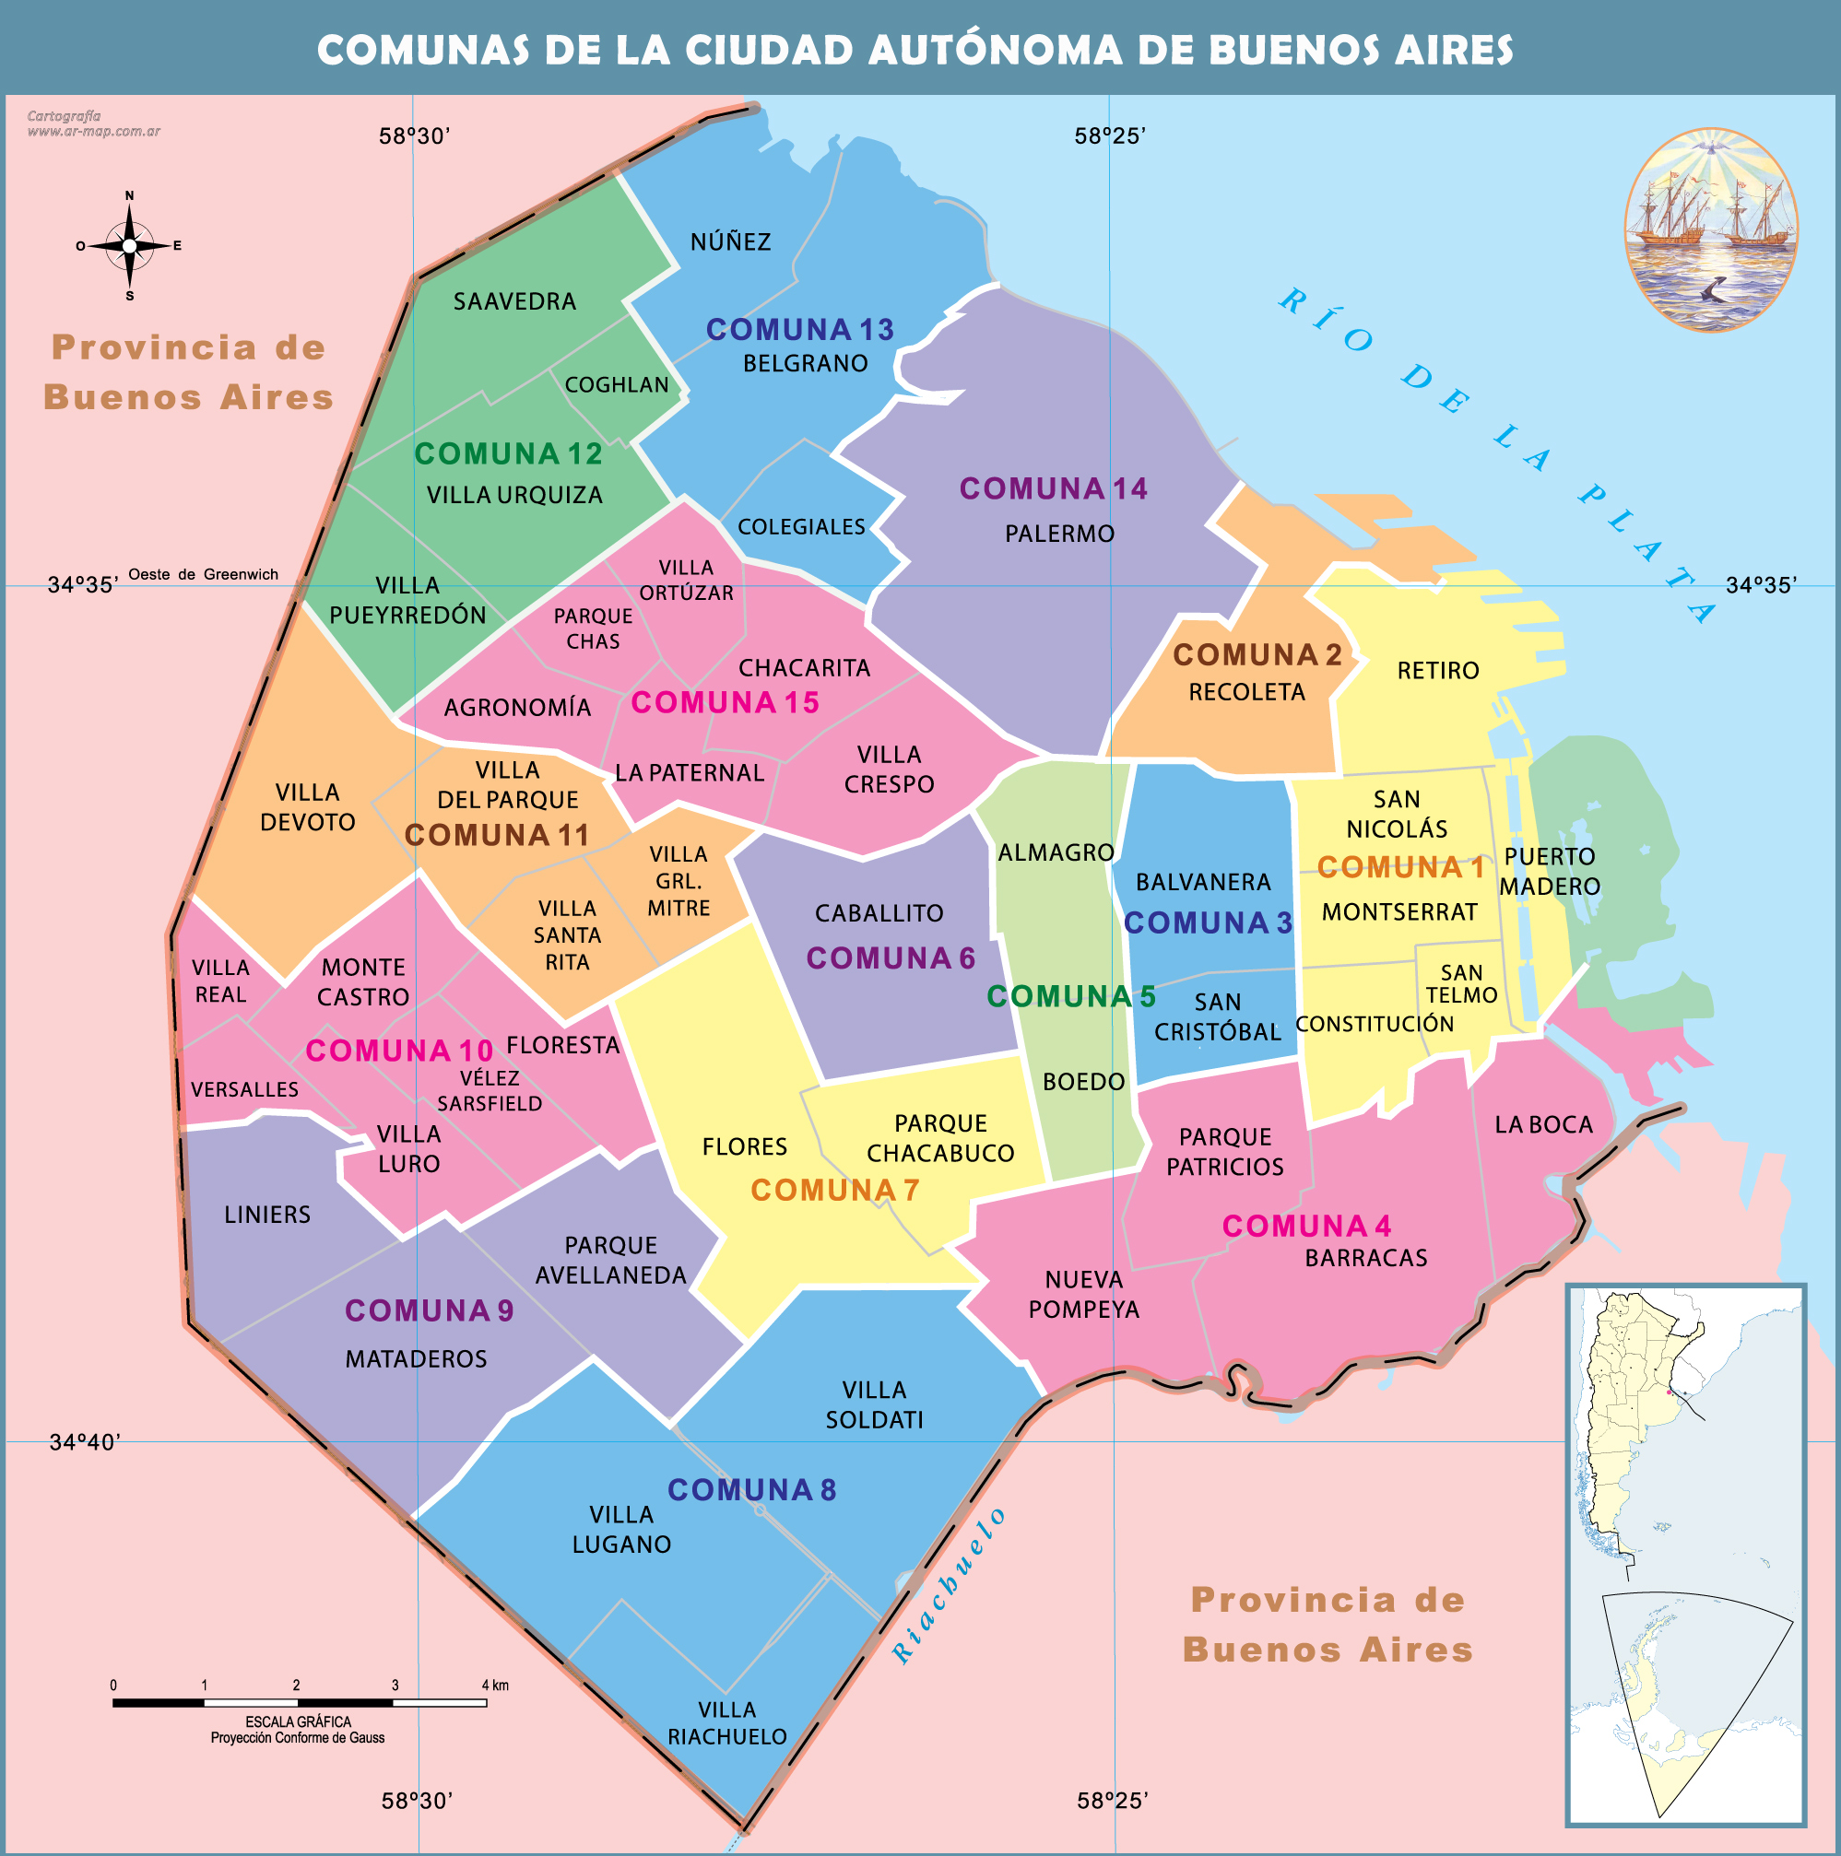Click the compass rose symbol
click(130, 246)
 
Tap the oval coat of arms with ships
click(1710, 230)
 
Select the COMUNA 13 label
click(799, 330)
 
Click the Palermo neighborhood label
click(1059, 534)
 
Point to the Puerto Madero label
click(1549, 871)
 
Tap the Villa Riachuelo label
click(727, 1723)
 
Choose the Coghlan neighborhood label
click(616, 385)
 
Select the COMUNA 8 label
click(751, 1490)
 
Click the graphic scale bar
click(299, 1703)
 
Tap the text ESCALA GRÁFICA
click(298, 1722)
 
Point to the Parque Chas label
click(593, 628)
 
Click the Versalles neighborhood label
click(244, 1089)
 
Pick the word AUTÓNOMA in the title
click(995, 50)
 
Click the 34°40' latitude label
click(85, 1442)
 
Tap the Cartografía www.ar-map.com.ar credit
click(92, 123)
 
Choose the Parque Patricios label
click(1224, 1152)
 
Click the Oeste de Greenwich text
click(203, 574)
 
